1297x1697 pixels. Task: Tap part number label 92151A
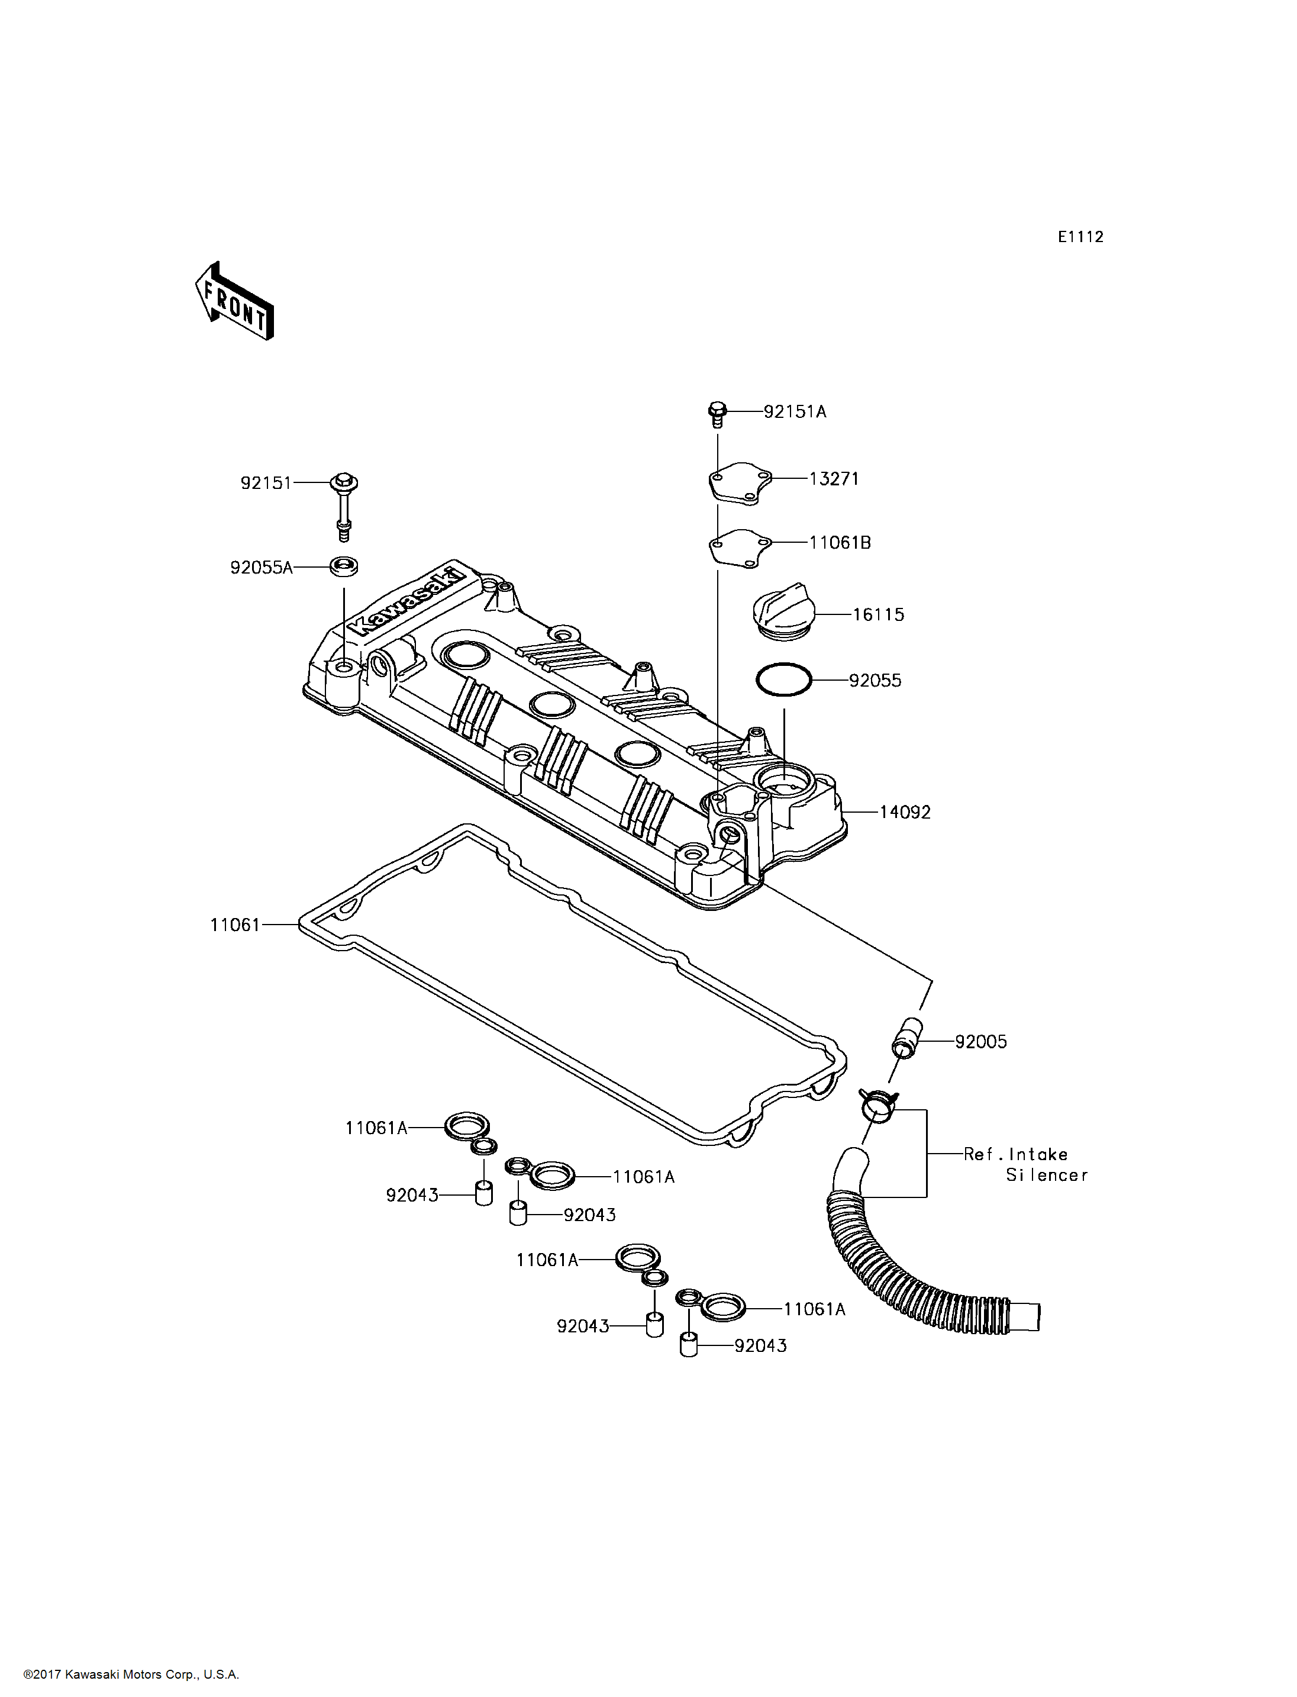click(x=795, y=412)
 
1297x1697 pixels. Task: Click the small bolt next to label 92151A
click(x=717, y=414)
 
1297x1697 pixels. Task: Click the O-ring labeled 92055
click(x=783, y=680)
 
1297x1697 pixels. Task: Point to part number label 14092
click(x=905, y=812)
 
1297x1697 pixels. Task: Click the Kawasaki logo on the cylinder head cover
click(x=407, y=602)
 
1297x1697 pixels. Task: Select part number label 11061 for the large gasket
click(x=235, y=925)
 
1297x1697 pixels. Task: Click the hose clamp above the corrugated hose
click(x=878, y=1106)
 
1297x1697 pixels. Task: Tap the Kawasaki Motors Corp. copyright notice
click(x=131, y=1675)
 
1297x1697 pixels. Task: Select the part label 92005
click(x=980, y=1042)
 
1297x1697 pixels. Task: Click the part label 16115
click(x=878, y=615)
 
